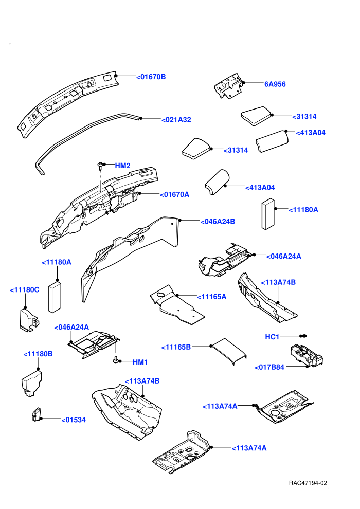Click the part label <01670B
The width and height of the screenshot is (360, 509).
pos(151,77)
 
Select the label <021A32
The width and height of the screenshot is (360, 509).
pos(176,120)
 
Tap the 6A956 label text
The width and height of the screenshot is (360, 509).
pos(275,84)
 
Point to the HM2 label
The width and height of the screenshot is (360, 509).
pos(123,166)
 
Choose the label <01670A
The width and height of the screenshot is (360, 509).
pos(174,194)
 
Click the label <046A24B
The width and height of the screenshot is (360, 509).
pos(218,222)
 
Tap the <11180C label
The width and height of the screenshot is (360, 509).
pos(25,289)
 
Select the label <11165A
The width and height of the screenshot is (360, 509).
pos(212,297)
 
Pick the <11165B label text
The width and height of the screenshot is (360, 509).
pos(176,347)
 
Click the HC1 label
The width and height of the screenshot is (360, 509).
pos(272,337)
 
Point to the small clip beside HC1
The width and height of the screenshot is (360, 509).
pos(303,336)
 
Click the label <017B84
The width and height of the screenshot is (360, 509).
pos(269,367)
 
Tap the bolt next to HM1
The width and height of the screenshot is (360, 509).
pos(116,360)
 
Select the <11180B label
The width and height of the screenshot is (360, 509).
pos(38,354)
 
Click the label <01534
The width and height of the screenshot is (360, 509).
pos(74,420)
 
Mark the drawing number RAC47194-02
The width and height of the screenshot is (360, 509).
pos(308,483)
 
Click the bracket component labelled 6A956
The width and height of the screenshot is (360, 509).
pos(228,86)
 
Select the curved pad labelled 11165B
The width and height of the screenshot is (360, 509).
pos(228,351)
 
